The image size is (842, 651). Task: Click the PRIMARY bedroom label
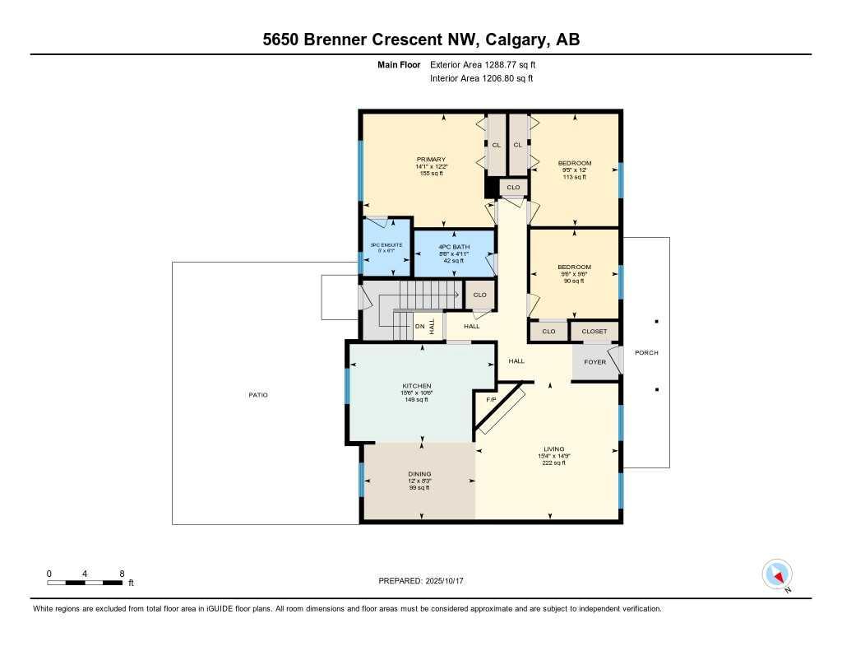pyautogui.click(x=431, y=160)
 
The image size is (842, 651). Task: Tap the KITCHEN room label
pyautogui.click(x=416, y=386)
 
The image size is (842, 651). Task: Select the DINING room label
pyautogui.click(x=419, y=474)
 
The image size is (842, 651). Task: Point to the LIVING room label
pyautogui.click(x=553, y=449)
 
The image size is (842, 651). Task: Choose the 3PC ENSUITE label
pyautogui.click(x=387, y=246)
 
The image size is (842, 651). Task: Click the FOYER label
pyautogui.click(x=594, y=362)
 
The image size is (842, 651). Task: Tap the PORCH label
pyautogui.click(x=647, y=353)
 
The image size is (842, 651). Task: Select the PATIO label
pyautogui.click(x=258, y=395)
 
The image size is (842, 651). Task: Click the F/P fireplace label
pyautogui.click(x=491, y=400)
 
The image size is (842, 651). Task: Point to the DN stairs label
pyautogui.click(x=419, y=327)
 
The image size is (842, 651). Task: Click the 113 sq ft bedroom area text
pyautogui.click(x=574, y=177)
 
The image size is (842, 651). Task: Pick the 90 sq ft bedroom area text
pyautogui.click(x=574, y=281)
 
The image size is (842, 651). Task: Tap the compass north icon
pyautogui.click(x=776, y=574)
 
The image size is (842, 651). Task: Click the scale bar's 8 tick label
pyautogui.click(x=122, y=573)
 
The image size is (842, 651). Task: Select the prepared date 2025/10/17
pyautogui.click(x=450, y=581)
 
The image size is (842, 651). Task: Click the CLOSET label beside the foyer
pyautogui.click(x=594, y=332)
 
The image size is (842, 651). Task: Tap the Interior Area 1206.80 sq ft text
pyautogui.click(x=481, y=79)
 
